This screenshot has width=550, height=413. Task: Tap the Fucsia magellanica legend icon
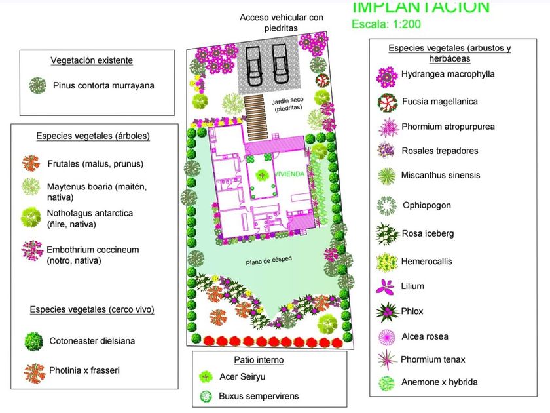click(386, 102)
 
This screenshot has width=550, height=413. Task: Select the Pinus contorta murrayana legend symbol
click(38, 85)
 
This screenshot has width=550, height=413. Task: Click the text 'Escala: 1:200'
click(386, 25)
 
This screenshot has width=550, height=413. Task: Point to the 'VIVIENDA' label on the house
click(289, 175)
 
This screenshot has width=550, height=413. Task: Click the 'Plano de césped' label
click(268, 262)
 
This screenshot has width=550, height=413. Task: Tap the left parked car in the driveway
click(255, 61)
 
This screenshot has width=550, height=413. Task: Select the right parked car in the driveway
click(280, 61)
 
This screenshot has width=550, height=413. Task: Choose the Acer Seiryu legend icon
click(207, 377)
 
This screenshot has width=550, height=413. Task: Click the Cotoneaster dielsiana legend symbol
click(33, 341)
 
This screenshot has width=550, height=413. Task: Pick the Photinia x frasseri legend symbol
click(33, 372)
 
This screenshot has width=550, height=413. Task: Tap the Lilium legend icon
click(386, 286)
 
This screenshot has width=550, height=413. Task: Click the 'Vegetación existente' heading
click(92, 60)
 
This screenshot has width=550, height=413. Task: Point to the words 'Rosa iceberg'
click(428, 233)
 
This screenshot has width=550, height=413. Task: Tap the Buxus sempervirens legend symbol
click(207, 397)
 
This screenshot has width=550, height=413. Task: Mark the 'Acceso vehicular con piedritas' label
click(282, 22)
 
